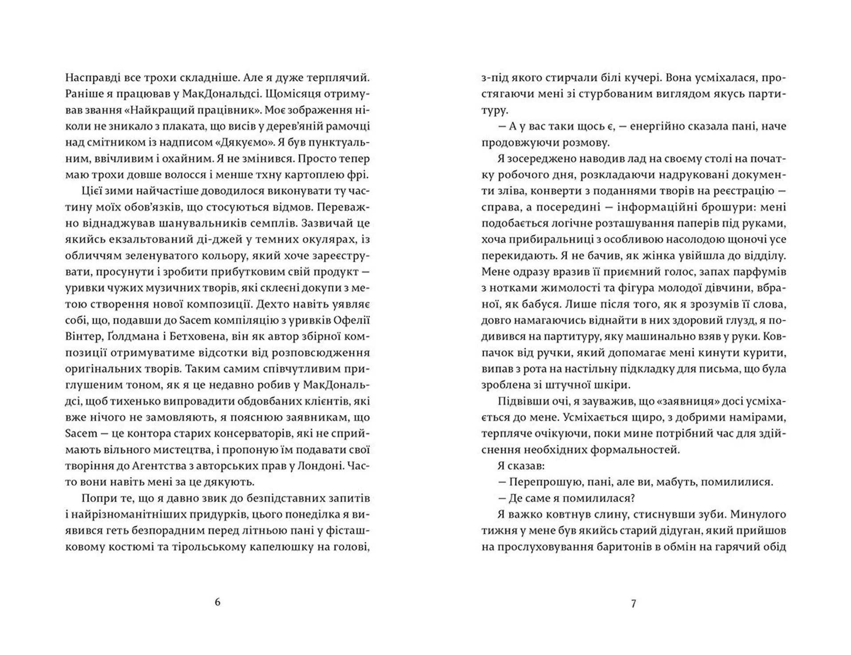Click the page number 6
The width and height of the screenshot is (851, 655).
[217, 602]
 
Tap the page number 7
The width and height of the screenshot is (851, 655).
[633, 604]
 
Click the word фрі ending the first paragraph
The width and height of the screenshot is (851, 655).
[359, 175]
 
